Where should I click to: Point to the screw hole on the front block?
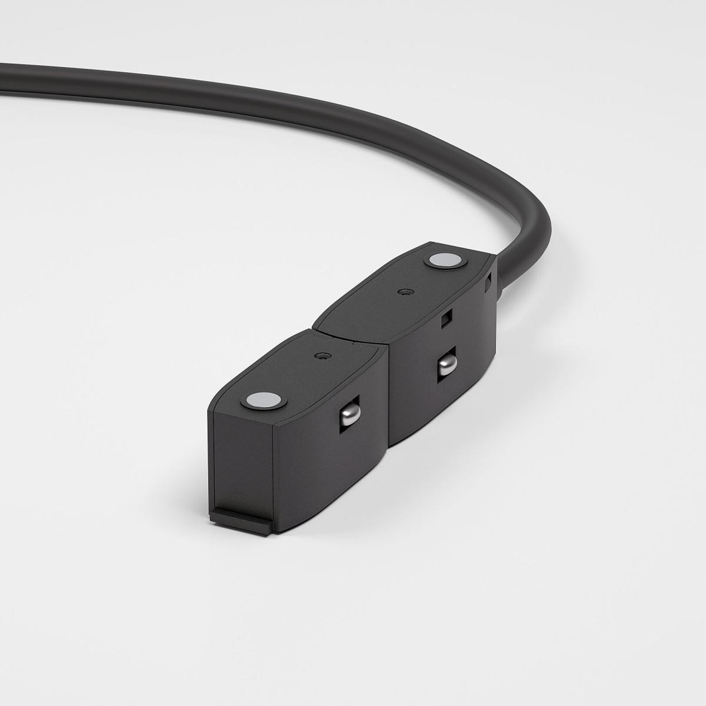point(321,356)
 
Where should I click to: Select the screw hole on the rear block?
point(403,291)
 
